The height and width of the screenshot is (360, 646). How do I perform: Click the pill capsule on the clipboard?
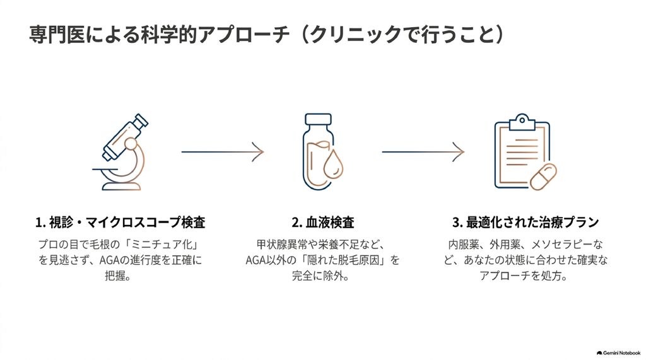[x=543, y=177]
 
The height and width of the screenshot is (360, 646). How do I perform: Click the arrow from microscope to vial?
[x=223, y=151]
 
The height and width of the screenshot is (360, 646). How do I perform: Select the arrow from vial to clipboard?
[x=423, y=151]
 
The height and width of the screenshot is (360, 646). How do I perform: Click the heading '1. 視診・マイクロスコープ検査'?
[x=120, y=223]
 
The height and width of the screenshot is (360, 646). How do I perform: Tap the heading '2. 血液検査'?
[x=322, y=223]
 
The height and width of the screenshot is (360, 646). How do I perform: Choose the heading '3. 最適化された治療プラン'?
[x=526, y=223]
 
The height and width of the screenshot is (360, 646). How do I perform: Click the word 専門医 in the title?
[x=57, y=35]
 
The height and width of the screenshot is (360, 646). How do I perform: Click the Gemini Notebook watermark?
[x=618, y=353]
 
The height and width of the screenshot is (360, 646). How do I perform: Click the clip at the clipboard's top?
[x=522, y=121]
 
